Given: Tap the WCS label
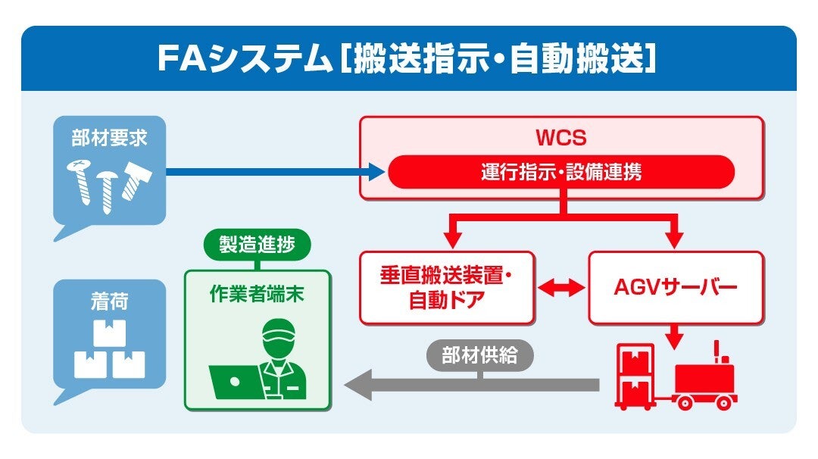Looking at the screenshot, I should pos(561,139).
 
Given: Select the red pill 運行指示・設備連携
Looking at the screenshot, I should pos(561,172).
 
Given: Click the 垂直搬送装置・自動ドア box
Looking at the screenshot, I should pos(447,288).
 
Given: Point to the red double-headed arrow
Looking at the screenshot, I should pos(561,288).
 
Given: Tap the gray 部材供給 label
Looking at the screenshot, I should pos(479,355).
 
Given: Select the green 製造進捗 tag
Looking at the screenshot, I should pos(258,245).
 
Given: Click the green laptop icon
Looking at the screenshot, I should pos(236,381).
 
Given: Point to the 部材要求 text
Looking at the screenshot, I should pos(109,139).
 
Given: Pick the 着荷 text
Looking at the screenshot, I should pos(109,301).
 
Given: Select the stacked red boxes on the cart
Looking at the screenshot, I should pos(635,376).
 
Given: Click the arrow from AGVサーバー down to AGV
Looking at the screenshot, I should pos(674,336).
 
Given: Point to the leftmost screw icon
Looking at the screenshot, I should pos(80,182).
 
